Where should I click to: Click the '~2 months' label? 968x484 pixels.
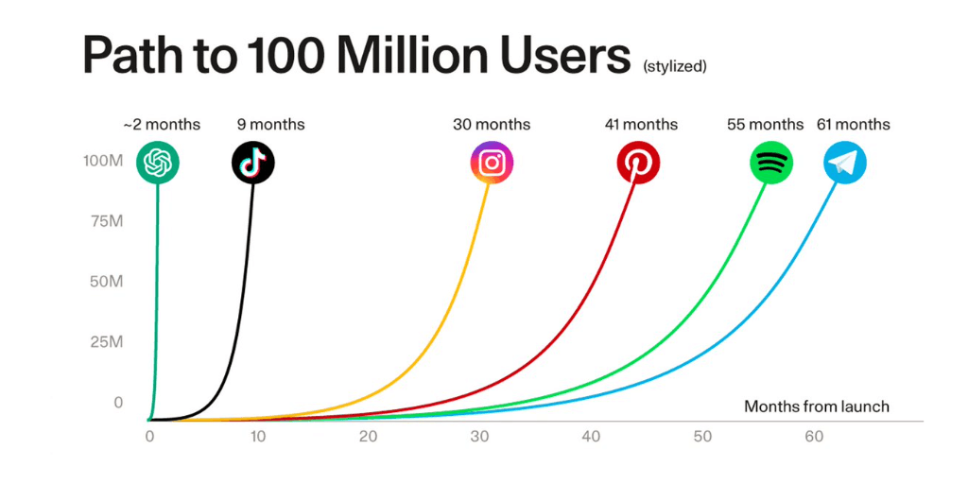pos(162,124)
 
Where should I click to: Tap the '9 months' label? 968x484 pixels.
pos(270,124)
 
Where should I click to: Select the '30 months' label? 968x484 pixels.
pos(492,124)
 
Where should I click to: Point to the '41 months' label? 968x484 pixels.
pos(641,124)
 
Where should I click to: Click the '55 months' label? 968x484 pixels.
pos(765,124)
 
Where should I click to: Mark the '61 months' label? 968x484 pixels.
pos(853,124)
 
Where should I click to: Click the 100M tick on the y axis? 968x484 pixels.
pos(103,161)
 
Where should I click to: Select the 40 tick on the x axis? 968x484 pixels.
pos(592,437)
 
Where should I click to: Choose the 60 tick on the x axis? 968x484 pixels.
pos(812,437)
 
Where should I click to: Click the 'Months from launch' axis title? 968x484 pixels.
pos(817,406)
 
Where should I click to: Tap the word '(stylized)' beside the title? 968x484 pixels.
pos(674,67)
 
